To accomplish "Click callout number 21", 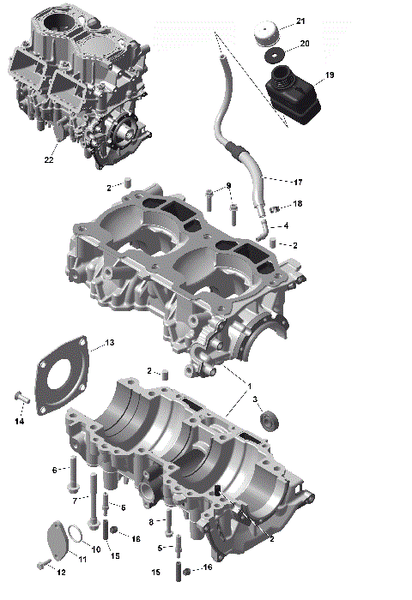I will point(300,21).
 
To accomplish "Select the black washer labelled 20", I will point(275,57).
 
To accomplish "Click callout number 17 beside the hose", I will point(298,182).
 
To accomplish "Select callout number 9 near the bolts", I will point(228,187).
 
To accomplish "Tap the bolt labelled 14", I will point(21,398).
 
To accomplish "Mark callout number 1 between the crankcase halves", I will point(250,387).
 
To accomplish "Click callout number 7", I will point(76,500).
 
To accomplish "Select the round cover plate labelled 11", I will point(57,542).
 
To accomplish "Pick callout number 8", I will point(152,521).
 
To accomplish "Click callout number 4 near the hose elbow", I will point(286,225).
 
